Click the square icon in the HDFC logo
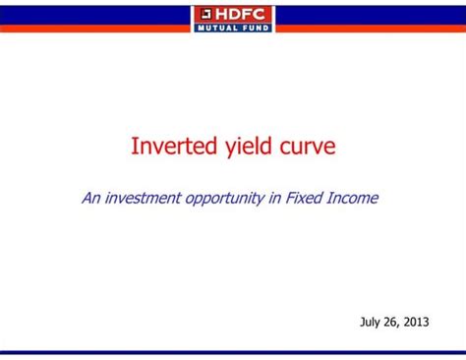(205, 14)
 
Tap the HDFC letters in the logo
(242, 14)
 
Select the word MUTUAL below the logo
(219, 28)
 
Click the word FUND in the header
(255, 28)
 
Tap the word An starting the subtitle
(89, 198)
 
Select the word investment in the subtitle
(142, 198)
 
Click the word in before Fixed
(275, 198)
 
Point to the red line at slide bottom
(233, 351)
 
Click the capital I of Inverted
(135, 147)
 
